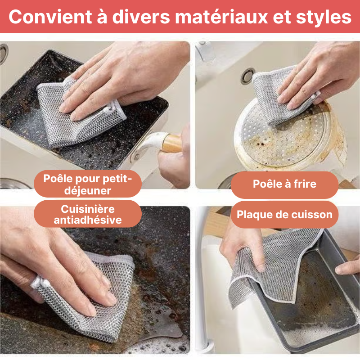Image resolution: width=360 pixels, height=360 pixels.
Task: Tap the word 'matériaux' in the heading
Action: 221,17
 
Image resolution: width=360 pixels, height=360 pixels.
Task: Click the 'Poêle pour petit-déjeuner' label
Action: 88,184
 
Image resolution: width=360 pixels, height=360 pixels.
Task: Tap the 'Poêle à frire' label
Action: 285,184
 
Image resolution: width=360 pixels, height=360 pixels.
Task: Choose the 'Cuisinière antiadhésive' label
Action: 88,214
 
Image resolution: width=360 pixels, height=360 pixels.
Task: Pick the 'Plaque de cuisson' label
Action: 285,215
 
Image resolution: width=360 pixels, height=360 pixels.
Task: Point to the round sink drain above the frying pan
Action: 248,76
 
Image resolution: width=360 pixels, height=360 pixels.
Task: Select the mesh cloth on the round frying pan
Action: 283,94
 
